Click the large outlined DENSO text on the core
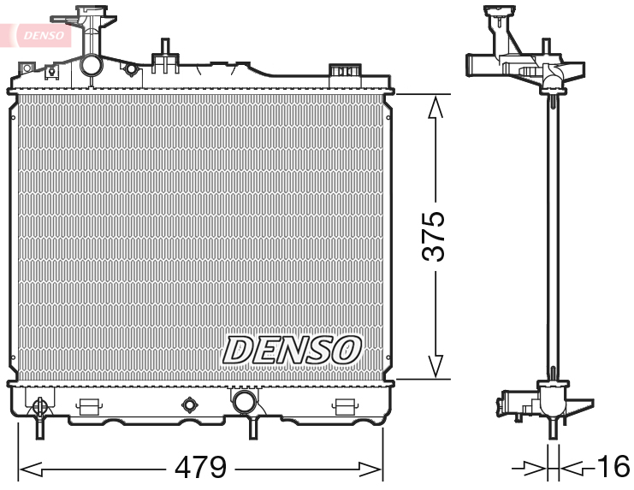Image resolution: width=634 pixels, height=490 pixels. click(x=292, y=349)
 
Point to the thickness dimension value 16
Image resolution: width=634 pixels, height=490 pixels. click(x=613, y=468)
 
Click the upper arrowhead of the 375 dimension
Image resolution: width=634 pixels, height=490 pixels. click(x=436, y=107)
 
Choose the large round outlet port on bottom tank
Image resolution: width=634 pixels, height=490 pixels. click(x=244, y=401)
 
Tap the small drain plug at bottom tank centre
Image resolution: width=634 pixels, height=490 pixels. click(x=189, y=404)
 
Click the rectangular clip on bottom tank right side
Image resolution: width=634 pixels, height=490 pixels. click(x=344, y=406)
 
